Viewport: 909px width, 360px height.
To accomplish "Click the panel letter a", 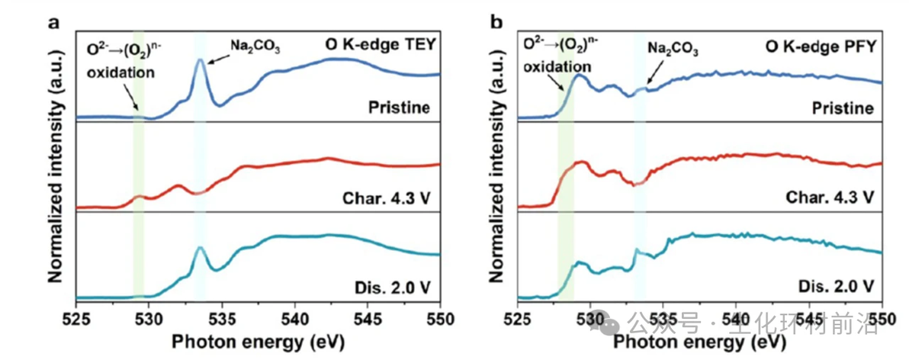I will pos(54,22).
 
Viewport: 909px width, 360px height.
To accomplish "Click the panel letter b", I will pos(497,22).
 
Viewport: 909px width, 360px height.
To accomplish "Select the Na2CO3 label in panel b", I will pos(673,48).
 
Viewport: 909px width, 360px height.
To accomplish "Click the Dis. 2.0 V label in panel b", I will pos(836,287).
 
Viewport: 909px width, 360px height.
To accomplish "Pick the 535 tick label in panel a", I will pos(222,316).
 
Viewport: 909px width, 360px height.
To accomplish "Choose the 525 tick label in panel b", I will pos(518,316).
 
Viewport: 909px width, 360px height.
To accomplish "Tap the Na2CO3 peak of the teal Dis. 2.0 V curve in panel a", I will pos(200,247).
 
